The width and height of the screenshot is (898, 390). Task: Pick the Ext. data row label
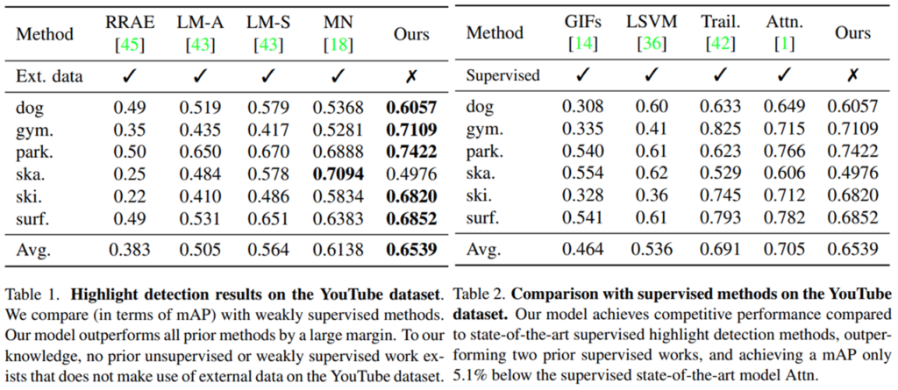(x=50, y=76)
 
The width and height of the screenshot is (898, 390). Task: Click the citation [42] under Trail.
(x=720, y=43)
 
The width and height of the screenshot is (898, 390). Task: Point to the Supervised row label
(x=503, y=76)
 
